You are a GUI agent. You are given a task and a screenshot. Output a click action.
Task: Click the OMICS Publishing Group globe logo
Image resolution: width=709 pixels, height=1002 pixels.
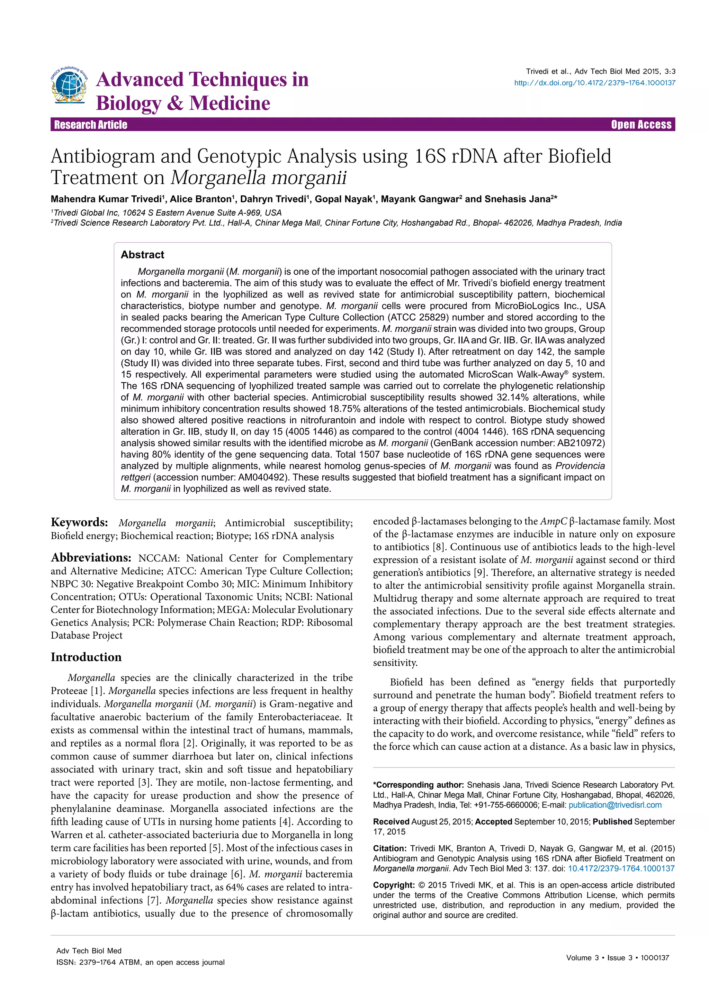[69, 86]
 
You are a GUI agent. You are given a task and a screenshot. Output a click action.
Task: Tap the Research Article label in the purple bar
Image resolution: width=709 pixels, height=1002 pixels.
[90, 125]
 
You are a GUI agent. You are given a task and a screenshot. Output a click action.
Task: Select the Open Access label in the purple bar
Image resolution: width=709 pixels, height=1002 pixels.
[641, 125]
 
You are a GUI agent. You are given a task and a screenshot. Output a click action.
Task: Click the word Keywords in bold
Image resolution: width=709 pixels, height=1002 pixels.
[79, 522]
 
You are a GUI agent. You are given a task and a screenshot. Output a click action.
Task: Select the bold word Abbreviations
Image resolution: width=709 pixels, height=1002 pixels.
[91, 558]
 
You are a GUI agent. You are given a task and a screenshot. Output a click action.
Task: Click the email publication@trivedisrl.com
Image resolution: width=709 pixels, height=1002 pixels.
[615, 805]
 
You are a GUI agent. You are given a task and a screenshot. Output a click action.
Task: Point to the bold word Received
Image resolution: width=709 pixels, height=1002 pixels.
[391, 822]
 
